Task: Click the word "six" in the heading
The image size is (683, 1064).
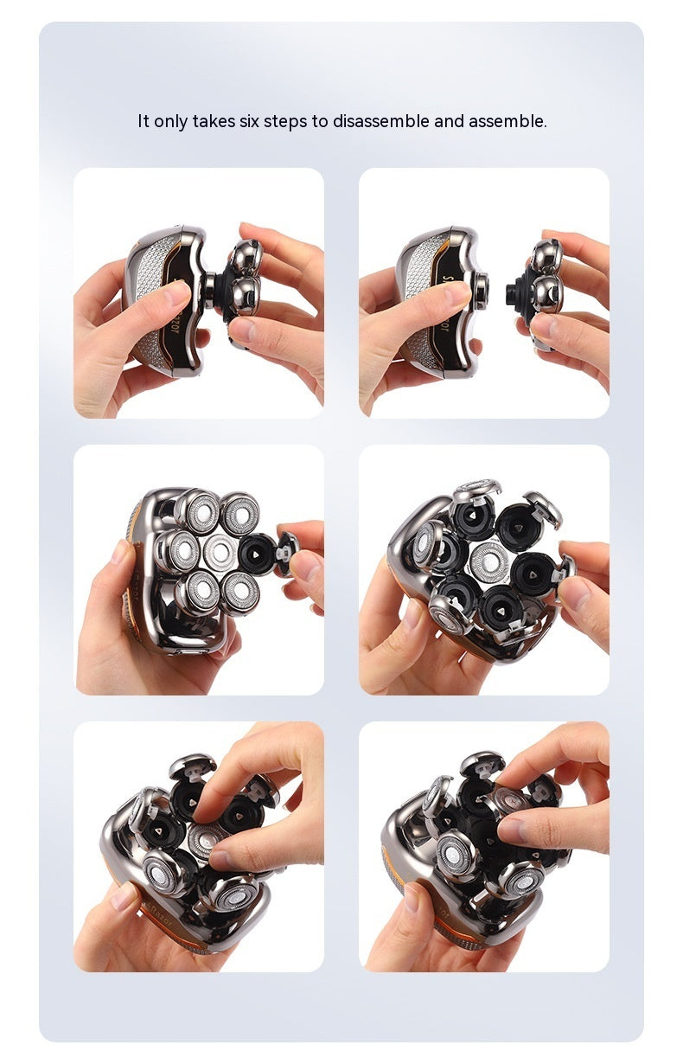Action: click(x=250, y=121)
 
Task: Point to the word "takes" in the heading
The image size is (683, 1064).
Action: click(x=214, y=121)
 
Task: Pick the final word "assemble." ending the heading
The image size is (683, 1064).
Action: click(x=507, y=121)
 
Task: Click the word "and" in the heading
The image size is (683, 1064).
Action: click(x=449, y=121)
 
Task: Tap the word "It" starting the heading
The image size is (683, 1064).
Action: click(x=144, y=121)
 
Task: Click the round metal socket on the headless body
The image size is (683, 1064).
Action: click(x=482, y=288)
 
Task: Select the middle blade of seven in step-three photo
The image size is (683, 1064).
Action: click(x=220, y=553)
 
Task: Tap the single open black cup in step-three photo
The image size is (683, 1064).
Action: click(x=258, y=554)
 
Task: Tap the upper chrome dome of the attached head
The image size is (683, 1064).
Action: click(x=246, y=258)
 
